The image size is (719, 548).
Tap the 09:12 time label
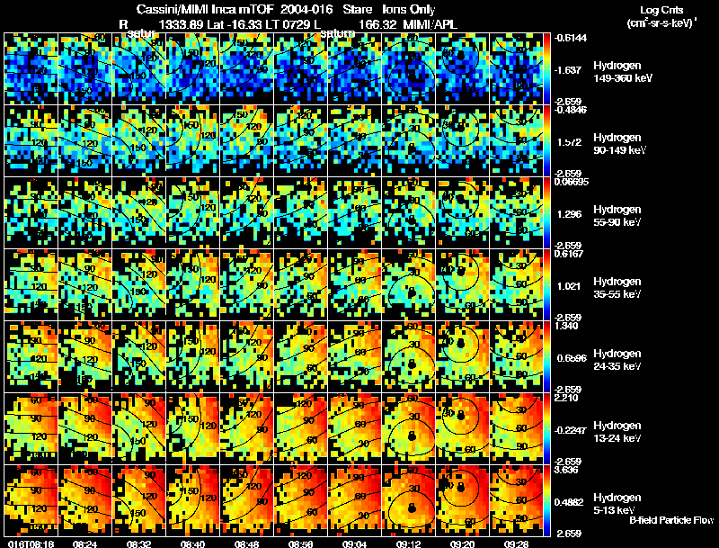[x=410, y=544]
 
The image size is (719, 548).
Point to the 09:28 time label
[x=516, y=544]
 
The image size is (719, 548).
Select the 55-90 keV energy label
[x=618, y=222]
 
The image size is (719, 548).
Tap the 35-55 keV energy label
[x=618, y=294]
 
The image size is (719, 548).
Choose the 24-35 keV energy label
[x=618, y=366]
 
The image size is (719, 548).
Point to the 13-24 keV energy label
[x=618, y=438]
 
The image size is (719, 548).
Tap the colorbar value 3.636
[x=572, y=469]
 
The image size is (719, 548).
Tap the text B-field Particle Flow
[x=671, y=521]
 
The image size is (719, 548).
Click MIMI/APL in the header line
[x=431, y=23]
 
